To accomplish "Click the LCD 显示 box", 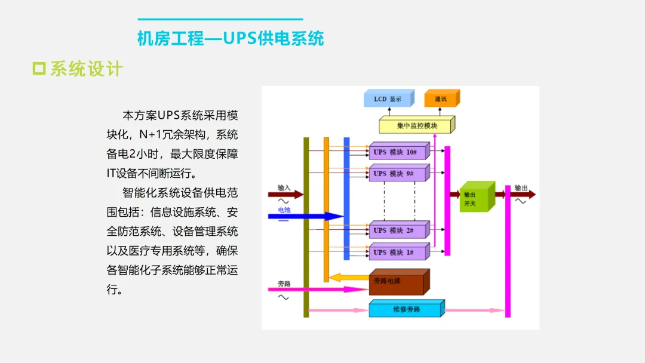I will point(387,99).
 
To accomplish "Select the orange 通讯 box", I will point(441,99).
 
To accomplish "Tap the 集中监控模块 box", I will point(416,125).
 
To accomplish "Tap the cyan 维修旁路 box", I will point(406,309).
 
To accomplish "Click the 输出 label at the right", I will point(521,187).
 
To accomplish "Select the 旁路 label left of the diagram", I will point(284,283).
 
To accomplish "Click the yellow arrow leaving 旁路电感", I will point(349,277).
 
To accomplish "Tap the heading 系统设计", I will point(86,69).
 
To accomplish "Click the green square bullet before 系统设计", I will point(39,69).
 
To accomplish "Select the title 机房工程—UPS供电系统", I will point(231,39).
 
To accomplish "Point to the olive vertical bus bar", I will point(306,227).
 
